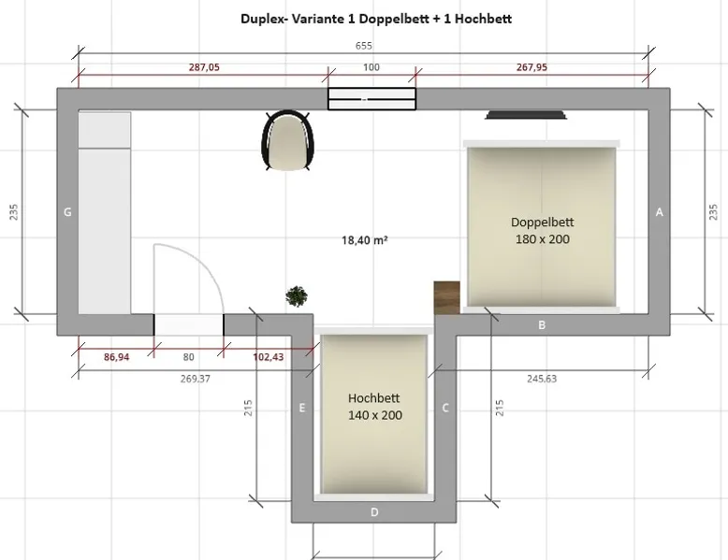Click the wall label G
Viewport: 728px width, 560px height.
tap(67, 212)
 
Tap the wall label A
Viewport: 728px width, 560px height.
tap(660, 212)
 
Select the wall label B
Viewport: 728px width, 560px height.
tap(542, 324)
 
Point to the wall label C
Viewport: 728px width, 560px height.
tap(445, 408)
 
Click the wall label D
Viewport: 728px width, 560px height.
tap(374, 512)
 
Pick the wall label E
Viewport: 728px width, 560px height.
tap(302, 408)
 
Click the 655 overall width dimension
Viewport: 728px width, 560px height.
tap(364, 46)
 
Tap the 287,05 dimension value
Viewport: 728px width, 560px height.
tap(204, 67)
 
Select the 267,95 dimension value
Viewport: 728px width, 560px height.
tap(531, 67)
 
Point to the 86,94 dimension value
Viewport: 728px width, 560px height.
tap(117, 357)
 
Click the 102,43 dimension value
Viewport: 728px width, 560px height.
tap(269, 357)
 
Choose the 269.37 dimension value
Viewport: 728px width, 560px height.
tap(196, 379)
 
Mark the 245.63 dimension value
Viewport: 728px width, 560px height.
tap(542, 379)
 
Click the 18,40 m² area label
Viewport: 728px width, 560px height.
tap(364, 240)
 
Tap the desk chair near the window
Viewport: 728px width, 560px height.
tap(287, 140)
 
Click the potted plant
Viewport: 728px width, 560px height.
tap(297, 296)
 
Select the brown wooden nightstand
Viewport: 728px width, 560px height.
tap(447, 297)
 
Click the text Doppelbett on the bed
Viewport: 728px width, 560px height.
tap(543, 223)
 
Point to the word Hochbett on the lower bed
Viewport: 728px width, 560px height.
tap(373, 398)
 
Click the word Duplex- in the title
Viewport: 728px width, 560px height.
tap(265, 19)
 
